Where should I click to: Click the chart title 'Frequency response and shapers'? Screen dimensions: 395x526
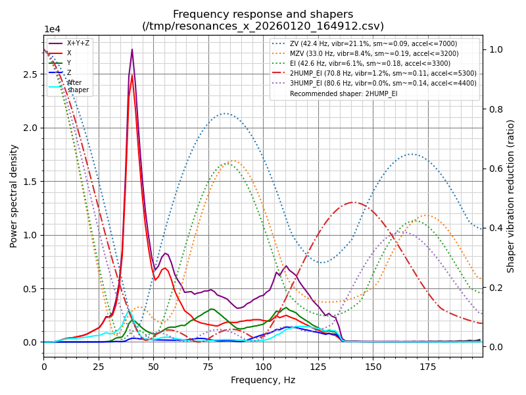click(x=263, y=14)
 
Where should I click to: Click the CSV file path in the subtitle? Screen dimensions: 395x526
click(x=263, y=26)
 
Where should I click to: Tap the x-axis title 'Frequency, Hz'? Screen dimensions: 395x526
click(x=263, y=380)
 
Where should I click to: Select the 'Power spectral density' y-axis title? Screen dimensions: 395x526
click(x=14, y=196)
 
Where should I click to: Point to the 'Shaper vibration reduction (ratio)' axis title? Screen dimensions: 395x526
click(x=511, y=196)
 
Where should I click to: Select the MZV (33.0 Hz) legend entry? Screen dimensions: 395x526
click(x=374, y=53)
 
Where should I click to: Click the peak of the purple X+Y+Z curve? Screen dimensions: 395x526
click(x=131, y=49)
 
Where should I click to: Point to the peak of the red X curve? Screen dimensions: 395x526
click(x=131, y=75)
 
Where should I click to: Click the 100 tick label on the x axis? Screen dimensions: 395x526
click(x=263, y=367)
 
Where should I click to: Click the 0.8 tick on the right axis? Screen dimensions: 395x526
click(x=495, y=109)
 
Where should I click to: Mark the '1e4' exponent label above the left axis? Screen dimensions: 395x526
click(x=52, y=30)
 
